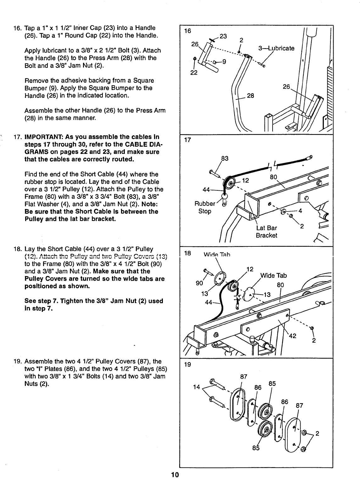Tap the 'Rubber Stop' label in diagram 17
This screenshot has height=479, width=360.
pos(205,207)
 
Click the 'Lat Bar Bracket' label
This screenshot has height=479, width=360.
pos(266,232)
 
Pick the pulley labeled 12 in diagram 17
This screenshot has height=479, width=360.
pos(230,183)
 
